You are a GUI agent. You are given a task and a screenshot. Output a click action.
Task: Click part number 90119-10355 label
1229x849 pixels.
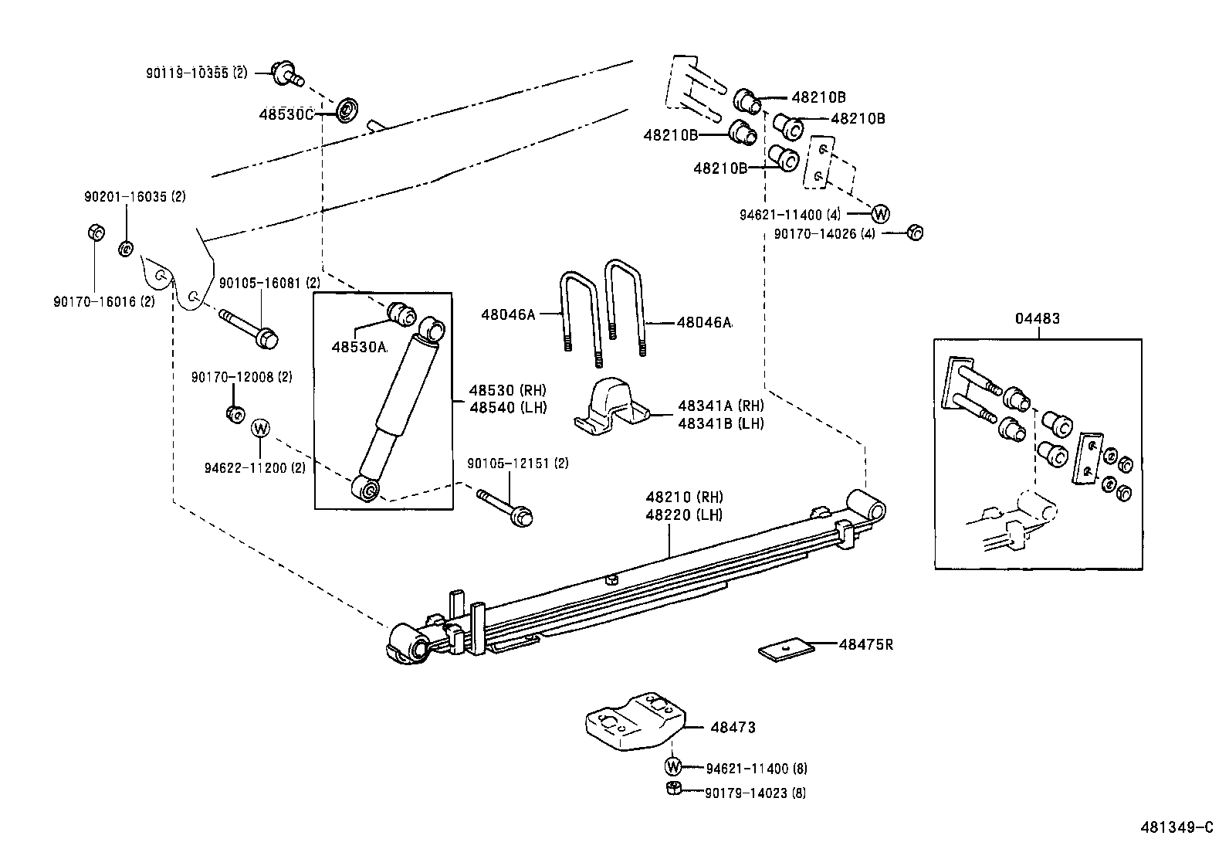[196, 73]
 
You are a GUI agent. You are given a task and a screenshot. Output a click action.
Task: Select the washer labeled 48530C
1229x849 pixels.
[347, 110]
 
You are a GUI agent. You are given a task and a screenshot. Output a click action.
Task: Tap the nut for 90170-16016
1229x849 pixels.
[93, 232]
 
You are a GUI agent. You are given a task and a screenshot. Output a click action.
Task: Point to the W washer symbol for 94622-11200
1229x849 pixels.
[261, 427]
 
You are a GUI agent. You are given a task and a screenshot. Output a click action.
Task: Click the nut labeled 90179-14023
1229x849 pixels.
[673, 789]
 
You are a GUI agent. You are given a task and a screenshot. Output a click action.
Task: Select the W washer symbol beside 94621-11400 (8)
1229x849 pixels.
[674, 767]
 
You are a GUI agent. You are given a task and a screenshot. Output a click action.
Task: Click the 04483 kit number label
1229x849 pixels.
[1038, 318]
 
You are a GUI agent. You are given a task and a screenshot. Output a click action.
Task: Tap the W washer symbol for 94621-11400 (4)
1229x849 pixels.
[881, 213]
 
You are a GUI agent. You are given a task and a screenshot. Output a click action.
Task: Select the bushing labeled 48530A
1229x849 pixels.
[401, 313]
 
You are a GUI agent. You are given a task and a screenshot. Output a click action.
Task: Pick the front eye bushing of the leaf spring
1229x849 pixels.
[409, 644]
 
